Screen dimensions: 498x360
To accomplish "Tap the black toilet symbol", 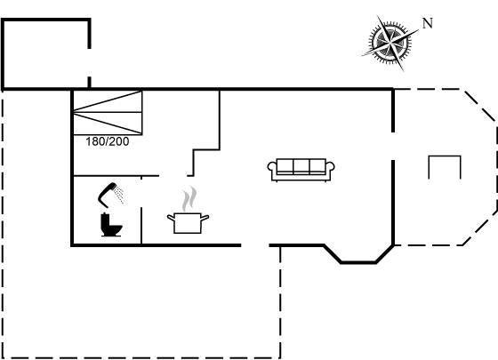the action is pyautogui.click(x=110, y=225).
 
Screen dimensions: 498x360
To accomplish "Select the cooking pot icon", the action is pyautogui.click(x=188, y=223).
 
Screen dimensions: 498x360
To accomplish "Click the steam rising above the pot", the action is pyautogui.click(x=189, y=199).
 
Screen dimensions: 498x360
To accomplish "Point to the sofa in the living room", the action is pyautogui.click(x=301, y=170).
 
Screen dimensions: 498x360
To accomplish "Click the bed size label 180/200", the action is pyautogui.click(x=108, y=141).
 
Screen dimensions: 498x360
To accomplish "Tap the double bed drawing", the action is pyautogui.click(x=108, y=112).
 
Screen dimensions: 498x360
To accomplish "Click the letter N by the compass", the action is pyautogui.click(x=428, y=23).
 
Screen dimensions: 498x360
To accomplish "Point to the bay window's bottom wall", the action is pyautogui.click(x=358, y=262).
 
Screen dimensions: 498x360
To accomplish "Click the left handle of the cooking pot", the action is pyautogui.click(x=171, y=218).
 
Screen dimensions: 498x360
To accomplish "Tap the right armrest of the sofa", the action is pyautogui.click(x=330, y=167).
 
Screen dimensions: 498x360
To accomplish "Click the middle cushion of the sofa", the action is pyautogui.click(x=301, y=166).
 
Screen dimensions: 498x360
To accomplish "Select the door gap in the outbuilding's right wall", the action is pyautogui.click(x=89, y=62).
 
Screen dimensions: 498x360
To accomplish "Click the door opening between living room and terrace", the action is pyautogui.click(x=393, y=146).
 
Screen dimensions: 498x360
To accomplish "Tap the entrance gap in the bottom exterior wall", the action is pyautogui.click(x=255, y=245).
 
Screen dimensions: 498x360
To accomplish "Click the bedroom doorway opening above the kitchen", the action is pyautogui.click(x=173, y=175).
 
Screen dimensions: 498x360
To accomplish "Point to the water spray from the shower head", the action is pyautogui.click(x=119, y=195).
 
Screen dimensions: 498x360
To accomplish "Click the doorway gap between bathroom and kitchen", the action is pyautogui.click(x=141, y=192).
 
